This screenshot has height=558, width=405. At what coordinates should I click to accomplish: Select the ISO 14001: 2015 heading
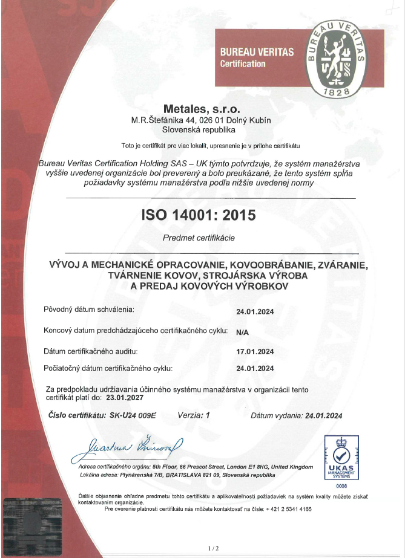(198, 215)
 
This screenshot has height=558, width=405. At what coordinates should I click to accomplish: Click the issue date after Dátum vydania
(324, 415)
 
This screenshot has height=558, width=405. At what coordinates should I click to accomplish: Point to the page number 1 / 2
(212, 548)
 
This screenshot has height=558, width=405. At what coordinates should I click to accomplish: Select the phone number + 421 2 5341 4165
(282, 509)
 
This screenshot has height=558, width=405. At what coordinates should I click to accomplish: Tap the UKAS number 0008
(343, 485)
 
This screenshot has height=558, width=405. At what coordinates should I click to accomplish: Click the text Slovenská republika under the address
(201, 129)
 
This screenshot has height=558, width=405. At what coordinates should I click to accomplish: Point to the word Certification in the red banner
(243, 64)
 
